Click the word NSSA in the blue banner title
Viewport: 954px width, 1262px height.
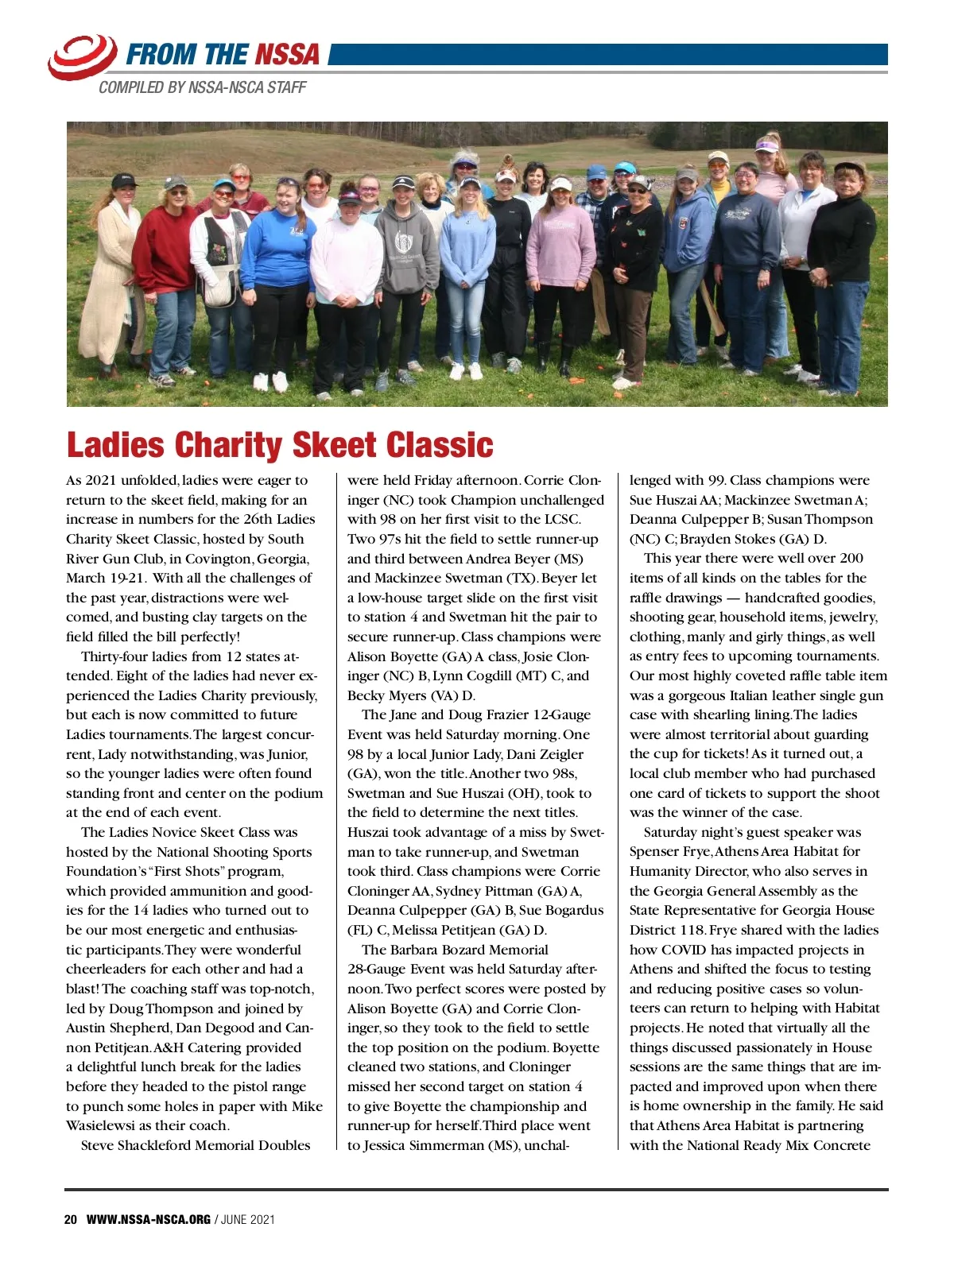[286, 55]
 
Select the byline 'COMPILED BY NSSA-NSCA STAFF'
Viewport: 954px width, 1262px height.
[202, 87]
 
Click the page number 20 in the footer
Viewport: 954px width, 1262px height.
[71, 1219]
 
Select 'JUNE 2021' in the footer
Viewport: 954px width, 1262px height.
[247, 1219]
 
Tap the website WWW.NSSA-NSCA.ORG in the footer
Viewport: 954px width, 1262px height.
[148, 1219]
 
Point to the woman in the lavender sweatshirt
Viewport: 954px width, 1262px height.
[560, 254]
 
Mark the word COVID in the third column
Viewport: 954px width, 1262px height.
[684, 950]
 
